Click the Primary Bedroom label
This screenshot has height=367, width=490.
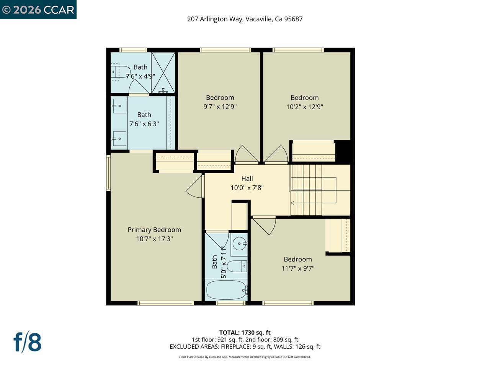point(154,229)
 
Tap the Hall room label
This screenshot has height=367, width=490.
point(247,179)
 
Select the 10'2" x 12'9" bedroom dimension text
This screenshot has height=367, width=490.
point(304,107)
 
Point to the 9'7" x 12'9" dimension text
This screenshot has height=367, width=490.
point(220,107)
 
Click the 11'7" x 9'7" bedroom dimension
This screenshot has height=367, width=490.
point(298,268)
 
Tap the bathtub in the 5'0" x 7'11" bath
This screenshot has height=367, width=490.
point(226,290)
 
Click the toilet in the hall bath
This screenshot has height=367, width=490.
point(237,266)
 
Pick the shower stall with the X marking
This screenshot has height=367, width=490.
point(163,72)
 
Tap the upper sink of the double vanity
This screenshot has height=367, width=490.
point(119,106)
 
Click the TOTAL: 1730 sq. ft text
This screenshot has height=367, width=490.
point(245,333)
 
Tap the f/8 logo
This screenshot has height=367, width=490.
point(28,342)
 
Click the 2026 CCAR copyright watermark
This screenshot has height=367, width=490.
point(38,10)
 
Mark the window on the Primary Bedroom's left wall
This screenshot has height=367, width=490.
point(108,173)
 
